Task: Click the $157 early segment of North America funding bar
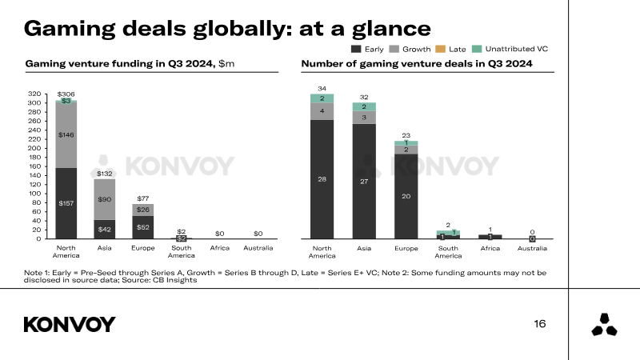[x=66, y=203]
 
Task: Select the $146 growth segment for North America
[x=66, y=135]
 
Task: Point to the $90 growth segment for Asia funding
[x=104, y=199]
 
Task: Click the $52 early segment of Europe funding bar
[x=142, y=227]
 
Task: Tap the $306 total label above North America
[x=66, y=94]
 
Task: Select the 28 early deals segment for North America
[x=322, y=179]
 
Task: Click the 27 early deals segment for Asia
[x=364, y=182]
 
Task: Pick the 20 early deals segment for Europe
[x=406, y=196]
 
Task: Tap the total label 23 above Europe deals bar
[x=406, y=135]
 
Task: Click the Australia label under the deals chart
[x=532, y=249]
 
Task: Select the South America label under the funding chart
[x=181, y=252]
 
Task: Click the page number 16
[x=539, y=324]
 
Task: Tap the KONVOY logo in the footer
[x=70, y=324]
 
